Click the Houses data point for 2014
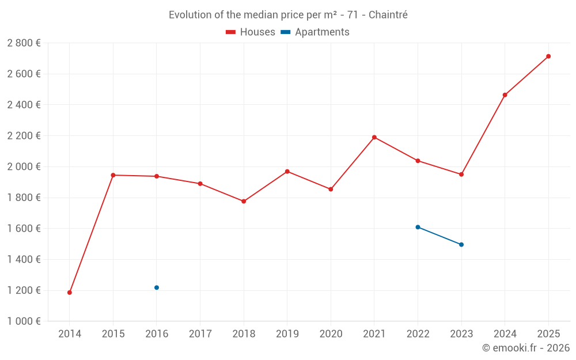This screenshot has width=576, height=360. pos(70,293)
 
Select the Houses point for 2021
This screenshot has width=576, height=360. pos(374,137)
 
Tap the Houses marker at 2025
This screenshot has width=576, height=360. pos(548,56)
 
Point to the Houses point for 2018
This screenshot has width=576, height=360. pos(244,201)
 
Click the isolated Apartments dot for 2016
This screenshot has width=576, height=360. pos(157,287)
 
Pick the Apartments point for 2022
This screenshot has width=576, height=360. pos(418,227)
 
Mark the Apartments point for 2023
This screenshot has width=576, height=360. pos(461,245)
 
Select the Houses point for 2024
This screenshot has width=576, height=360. pos(505,95)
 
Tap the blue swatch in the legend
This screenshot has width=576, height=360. pos(285,32)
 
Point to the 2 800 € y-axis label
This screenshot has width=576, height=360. pos(24,43)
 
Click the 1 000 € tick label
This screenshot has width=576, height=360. pos(24,321)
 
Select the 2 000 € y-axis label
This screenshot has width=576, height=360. pos(24,166)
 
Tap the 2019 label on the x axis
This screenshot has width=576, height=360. pos(287,334)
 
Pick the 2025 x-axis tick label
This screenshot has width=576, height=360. pos(548,334)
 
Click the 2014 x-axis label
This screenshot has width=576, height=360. pos(70,334)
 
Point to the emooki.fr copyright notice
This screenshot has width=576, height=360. pos(526,348)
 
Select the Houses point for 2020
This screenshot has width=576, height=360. pos(331,189)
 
